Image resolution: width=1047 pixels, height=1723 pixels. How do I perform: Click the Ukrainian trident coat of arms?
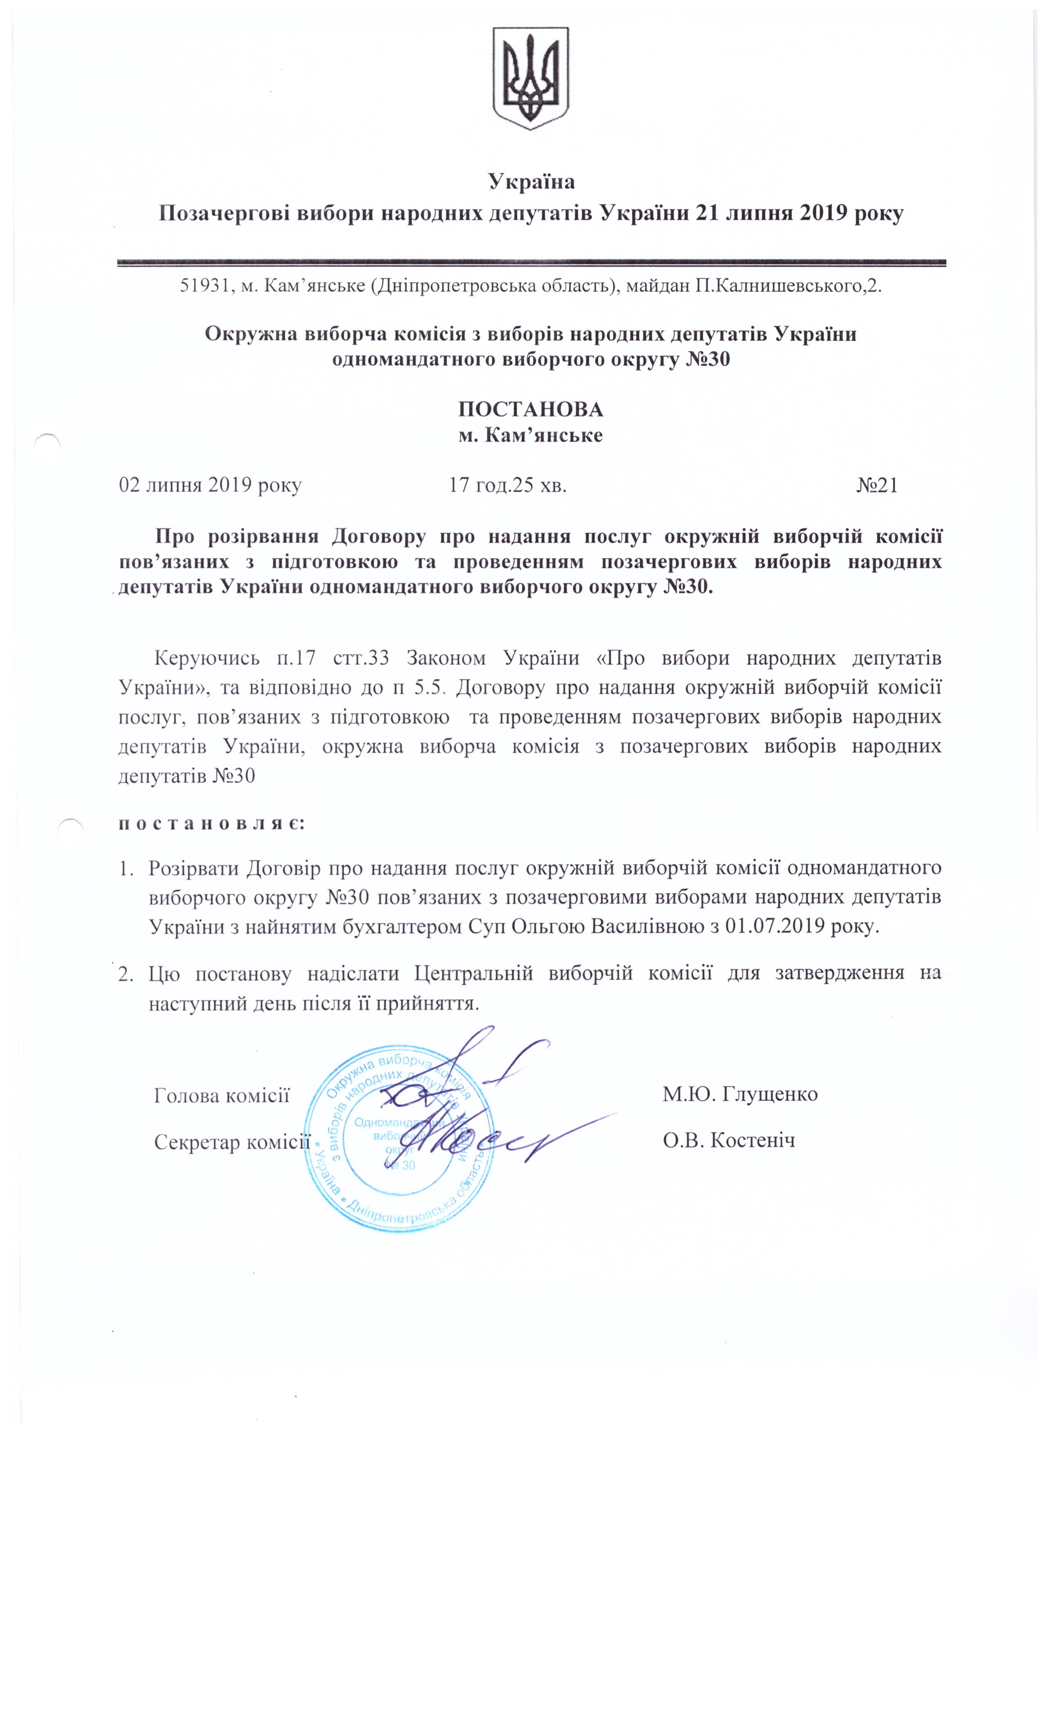[x=531, y=78]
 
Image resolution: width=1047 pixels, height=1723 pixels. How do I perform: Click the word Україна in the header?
[x=531, y=182]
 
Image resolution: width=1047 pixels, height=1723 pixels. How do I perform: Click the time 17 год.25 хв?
[x=507, y=485]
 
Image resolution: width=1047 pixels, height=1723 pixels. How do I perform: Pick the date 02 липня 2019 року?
[x=210, y=485]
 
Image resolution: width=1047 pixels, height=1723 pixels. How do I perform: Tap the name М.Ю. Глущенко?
[x=740, y=1094]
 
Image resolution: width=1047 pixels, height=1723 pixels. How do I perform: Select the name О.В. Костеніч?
[x=729, y=1141]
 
